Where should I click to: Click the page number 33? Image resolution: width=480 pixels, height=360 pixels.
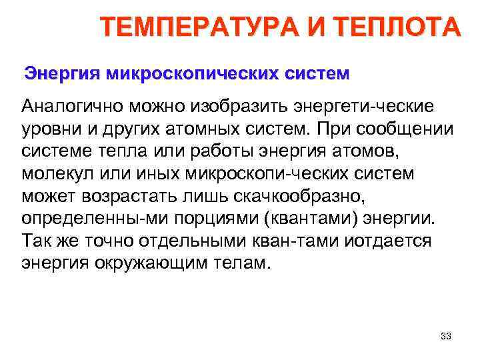pyautogui.click(x=446, y=336)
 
